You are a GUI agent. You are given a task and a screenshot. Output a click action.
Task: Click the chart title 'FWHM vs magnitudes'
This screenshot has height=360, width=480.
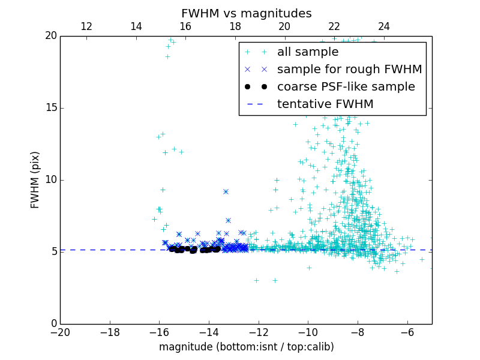pos(246,13)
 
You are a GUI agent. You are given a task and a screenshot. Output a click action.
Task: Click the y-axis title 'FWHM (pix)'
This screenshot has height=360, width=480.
pos(35,179)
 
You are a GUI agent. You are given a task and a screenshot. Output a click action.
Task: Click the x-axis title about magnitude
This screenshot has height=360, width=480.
pos(246,347)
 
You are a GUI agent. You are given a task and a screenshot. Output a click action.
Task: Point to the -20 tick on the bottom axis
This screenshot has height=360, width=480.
pos(60,332)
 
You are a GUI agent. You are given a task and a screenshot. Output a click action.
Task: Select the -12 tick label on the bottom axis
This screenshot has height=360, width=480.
pos(259,332)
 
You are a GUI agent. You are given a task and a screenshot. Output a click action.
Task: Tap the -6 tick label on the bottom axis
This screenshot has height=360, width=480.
pos(407,332)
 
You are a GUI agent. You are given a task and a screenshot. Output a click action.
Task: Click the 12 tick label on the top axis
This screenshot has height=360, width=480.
pos(86,26)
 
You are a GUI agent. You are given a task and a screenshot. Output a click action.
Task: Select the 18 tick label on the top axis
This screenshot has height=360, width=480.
pos(235,26)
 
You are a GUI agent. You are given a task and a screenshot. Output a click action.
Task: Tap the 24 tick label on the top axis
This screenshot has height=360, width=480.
pos(383,26)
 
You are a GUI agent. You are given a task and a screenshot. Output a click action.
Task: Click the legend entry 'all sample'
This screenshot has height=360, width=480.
pos(308,52)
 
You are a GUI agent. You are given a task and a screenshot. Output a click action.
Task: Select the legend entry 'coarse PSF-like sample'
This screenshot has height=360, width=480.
pos(346,87)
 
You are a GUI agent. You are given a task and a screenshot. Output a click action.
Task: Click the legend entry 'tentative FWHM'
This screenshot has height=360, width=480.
pos(325,104)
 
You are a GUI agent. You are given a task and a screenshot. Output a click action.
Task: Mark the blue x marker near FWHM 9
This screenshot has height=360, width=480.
pos(226,191)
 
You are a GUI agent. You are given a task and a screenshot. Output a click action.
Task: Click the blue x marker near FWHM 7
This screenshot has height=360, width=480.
pos(228,220)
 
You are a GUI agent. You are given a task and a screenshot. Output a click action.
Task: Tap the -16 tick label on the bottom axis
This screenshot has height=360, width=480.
pos(159,332)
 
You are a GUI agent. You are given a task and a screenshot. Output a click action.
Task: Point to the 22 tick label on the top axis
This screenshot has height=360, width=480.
pos(334,26)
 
